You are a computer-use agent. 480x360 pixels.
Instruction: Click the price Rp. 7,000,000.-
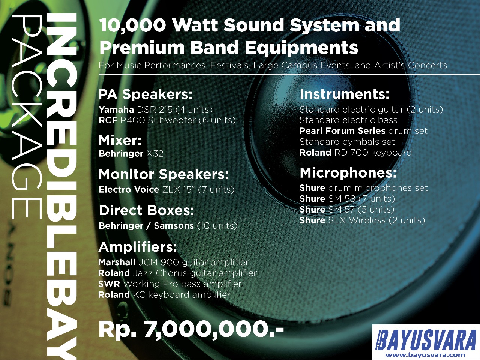point(191,331)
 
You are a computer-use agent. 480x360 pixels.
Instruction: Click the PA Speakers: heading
point(145,94)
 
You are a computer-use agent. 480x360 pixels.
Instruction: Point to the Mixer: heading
point(120,140)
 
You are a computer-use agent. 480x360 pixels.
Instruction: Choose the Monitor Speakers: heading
point(163,175)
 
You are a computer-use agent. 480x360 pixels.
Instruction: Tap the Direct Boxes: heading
point(147,210)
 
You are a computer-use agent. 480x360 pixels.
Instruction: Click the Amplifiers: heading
point(138,247)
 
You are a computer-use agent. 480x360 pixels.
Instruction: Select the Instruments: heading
point(344,94)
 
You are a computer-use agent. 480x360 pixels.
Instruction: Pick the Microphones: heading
point(348,173)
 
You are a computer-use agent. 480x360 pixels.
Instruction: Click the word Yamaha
point(116,109)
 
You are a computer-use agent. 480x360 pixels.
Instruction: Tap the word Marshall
point(117,262)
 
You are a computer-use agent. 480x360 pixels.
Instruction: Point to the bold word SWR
point(109,284)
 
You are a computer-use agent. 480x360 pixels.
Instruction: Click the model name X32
point(155,154)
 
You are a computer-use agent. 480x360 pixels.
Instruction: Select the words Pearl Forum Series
point(342,131)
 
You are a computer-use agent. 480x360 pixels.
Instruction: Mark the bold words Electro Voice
point(129,189)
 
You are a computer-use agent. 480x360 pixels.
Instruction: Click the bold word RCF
point(108,120)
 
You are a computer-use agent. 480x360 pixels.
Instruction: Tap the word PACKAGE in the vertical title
point(27,117)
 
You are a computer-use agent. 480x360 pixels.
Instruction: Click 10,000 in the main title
point(133,25)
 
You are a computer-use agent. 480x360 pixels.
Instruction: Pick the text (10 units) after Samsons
point(217,226)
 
